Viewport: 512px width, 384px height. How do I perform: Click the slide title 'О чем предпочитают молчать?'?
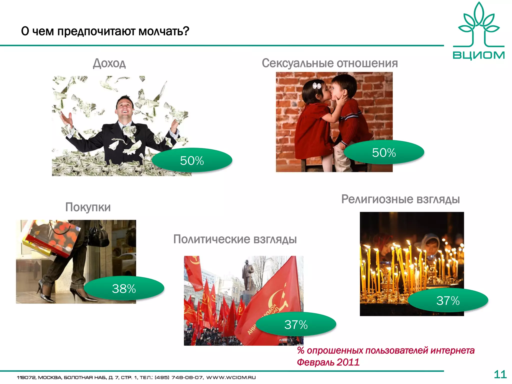pyautogui.click(x=105, y=31)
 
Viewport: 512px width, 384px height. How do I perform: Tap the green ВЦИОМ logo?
pyautogui.click(x=478, y=31)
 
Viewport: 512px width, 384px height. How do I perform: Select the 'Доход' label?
pyautogui.click(x=109, y=63)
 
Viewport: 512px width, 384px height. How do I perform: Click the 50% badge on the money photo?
pyautogui.click(x=192, y=160)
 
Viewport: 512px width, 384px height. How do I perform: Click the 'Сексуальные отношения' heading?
pyautogui.click(x=329, y=63)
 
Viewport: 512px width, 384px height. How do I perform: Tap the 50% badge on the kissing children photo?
pyautogui.click(x=384, y=152)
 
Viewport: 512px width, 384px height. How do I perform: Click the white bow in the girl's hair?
pyautogui.click(x=317, y=86)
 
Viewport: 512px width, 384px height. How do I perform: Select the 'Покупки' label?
pyautogui.click(x=88, y=207)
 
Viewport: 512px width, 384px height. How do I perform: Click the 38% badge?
pyautogui.click(x=124, y=288)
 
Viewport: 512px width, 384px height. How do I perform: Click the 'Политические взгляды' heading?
pyautogui.click(x=235, y=239)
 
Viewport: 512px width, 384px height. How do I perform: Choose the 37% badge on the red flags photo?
pyautogui.click(x=296, y=324)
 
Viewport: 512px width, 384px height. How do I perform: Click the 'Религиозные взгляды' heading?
pyautogui.click(x=400, y=199)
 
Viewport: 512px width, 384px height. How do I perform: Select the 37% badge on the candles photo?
pyautogui.click(x=448, y=300)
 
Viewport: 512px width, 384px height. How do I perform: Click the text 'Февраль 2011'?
pyautogui.click(x=328, y=362)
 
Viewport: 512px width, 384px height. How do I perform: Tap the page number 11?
pyautogui.click(x=500, y=374)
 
